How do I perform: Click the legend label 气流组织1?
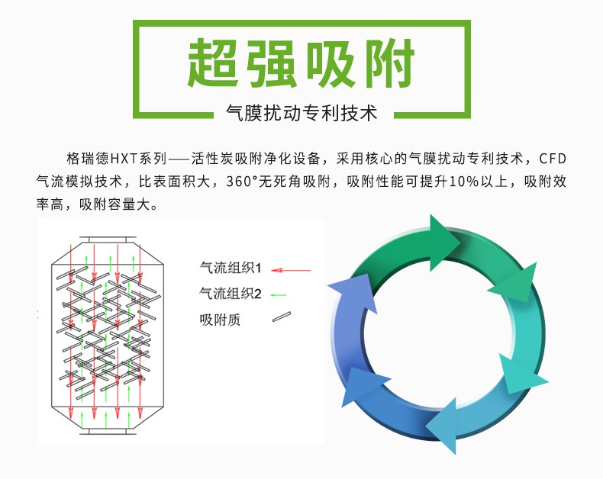pos(230,268)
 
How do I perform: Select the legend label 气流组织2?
pos(230,293)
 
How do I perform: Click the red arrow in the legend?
pos(292,269)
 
